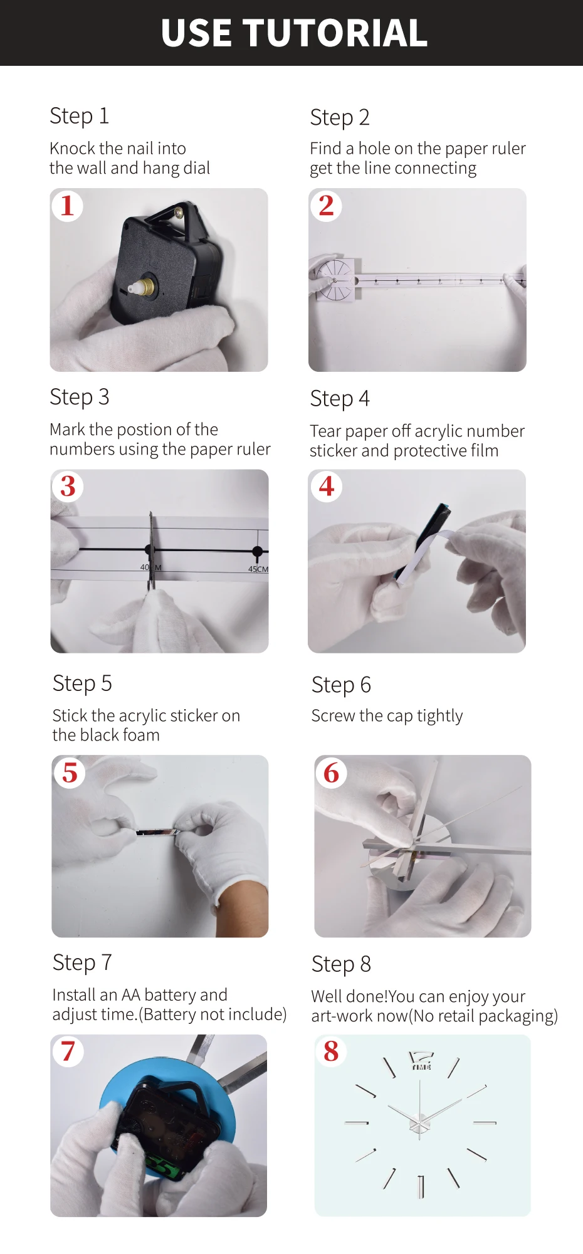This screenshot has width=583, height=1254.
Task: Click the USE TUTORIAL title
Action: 294,33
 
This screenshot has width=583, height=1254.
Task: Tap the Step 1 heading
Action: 79,116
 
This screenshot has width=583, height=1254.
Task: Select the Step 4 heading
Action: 340,399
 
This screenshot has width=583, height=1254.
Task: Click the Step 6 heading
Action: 341,685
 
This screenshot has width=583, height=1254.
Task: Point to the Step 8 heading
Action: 341,964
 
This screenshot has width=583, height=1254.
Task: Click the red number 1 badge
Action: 67,206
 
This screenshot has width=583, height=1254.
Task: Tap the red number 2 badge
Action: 326,206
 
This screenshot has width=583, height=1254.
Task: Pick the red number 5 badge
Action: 70,772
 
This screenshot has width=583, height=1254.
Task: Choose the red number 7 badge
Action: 68,1051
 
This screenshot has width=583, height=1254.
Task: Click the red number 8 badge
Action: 331,1051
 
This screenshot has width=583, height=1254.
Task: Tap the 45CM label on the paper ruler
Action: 258,569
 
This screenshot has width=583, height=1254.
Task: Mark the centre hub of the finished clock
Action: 419,1122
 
